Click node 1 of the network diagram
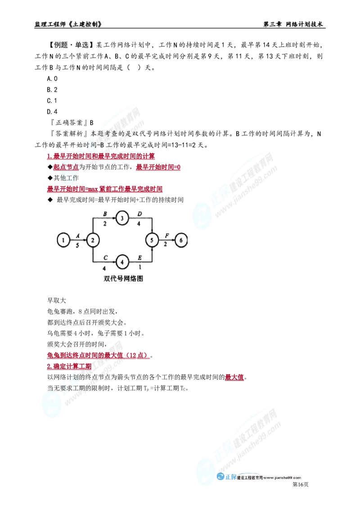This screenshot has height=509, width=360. [x=64, y=240]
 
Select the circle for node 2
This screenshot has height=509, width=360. [x=93, y=240]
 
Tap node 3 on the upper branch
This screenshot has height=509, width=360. [x=122, y=218]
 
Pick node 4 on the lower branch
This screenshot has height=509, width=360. [x=122, y=261]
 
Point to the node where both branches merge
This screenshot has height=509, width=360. [x=153, y=240]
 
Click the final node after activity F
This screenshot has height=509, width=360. [x=180, y=240]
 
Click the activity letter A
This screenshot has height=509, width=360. [x=78, y=236]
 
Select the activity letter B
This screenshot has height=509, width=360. [x=105, y=212]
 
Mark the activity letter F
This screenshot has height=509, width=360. [x=166, y=236]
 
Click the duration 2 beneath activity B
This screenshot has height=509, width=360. [x=105, y=223]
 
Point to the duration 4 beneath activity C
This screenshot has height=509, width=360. [x=105, y=267]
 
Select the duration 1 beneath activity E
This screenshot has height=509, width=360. [x=139, y=267]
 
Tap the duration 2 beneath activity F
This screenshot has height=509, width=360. [x=166, y=245]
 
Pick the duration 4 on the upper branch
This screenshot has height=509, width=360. [x=139, y=223]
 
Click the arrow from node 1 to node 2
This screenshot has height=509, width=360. [x=78, y=240]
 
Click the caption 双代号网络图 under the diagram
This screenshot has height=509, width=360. [x=123, y=278]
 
